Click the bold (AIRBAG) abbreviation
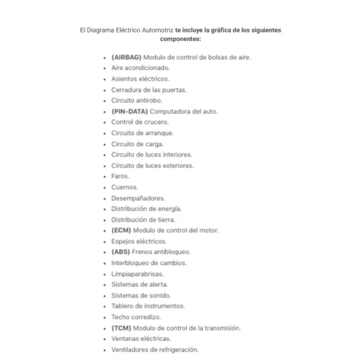(126, 58)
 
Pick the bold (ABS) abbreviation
(121, 252)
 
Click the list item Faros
(120, 176)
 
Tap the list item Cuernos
(124, 187)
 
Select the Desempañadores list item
(138, 198)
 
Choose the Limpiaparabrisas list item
(137, 274)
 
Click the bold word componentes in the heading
(181, 39)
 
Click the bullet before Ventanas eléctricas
(106, 339)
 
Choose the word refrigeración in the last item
(178, 350)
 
